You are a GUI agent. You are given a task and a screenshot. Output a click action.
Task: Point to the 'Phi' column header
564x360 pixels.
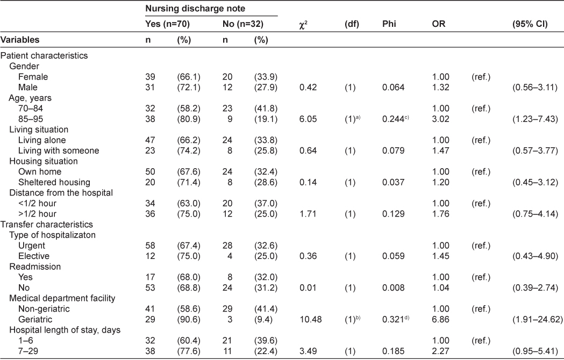click(389, 25)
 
